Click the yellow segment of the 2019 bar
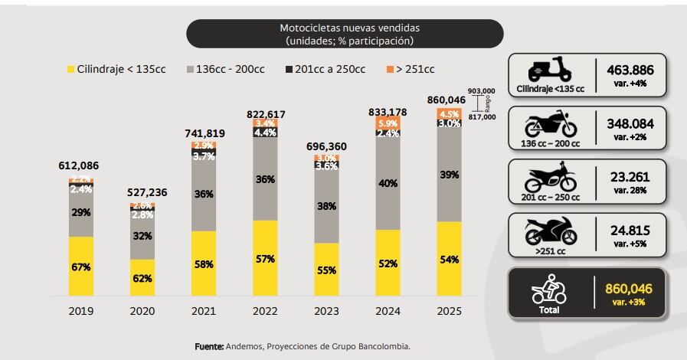(81, 267)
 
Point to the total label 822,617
(267, 113)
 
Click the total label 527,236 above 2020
(142, 192)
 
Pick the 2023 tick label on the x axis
(326, 311)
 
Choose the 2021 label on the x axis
(204, 311)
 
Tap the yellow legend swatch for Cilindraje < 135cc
(70, 69)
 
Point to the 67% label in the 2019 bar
(81, 267)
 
